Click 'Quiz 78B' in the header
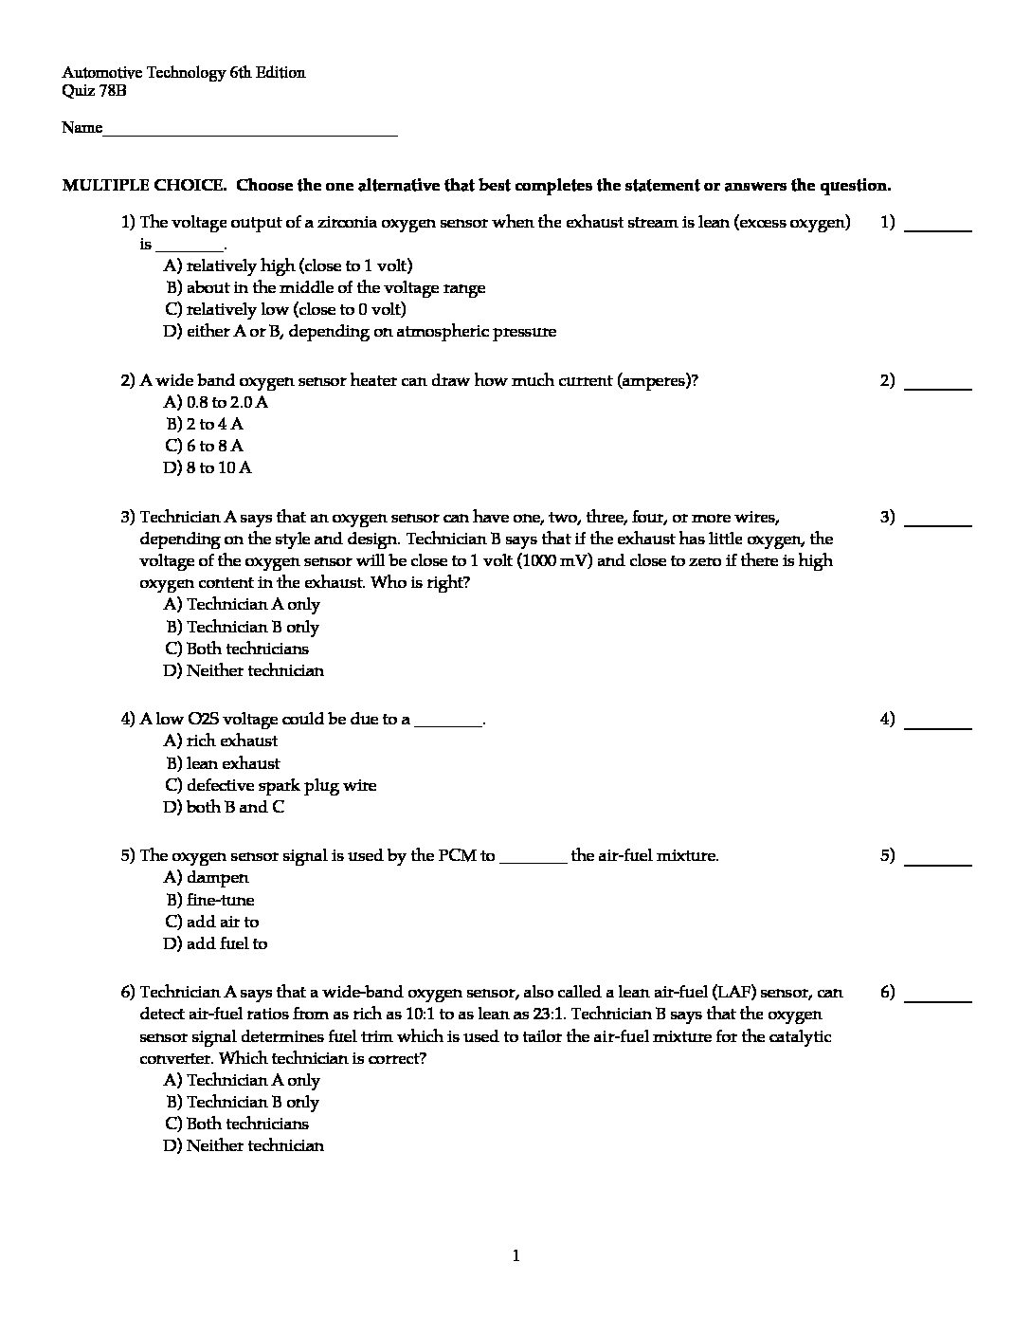coord(94,91)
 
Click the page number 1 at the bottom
coord(515,1256)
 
